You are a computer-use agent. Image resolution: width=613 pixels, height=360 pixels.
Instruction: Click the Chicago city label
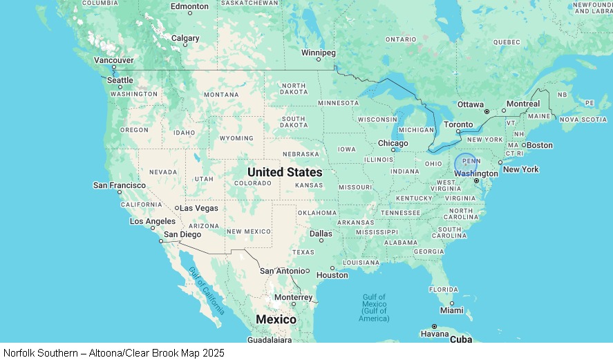point(393,143)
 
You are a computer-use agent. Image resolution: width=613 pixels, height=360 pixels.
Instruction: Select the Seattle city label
point(120,80)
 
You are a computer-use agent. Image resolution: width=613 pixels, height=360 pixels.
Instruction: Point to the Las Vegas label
point(200,207)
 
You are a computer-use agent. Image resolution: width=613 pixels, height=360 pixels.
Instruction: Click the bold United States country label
point(285,172)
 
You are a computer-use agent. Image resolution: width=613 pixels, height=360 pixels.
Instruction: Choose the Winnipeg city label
point(318,53)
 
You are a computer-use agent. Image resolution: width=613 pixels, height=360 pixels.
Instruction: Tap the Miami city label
point(452,310)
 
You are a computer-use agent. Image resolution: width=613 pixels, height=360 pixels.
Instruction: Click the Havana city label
point(434,334)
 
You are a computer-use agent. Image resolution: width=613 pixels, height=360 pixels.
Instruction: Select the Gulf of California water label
point(207,291)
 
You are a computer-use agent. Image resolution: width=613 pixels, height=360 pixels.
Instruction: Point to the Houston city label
point(332,275)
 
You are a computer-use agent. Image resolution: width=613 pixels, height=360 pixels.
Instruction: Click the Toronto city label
point(458,124)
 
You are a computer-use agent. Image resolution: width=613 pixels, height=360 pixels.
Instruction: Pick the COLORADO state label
point(253,183)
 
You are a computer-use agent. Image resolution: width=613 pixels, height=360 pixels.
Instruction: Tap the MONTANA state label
point(221,95)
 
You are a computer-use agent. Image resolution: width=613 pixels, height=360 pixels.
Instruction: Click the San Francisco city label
point(120,185)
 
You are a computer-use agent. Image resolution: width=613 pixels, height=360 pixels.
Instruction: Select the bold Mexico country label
point(276,319)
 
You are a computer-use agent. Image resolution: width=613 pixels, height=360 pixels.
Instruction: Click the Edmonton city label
point(189,6)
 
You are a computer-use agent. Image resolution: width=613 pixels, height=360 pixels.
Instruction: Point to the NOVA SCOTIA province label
point(583,120)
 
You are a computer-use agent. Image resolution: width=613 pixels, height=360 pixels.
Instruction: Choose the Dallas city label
point(321,234)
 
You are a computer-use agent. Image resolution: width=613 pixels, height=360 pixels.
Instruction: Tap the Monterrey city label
point(294,297)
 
